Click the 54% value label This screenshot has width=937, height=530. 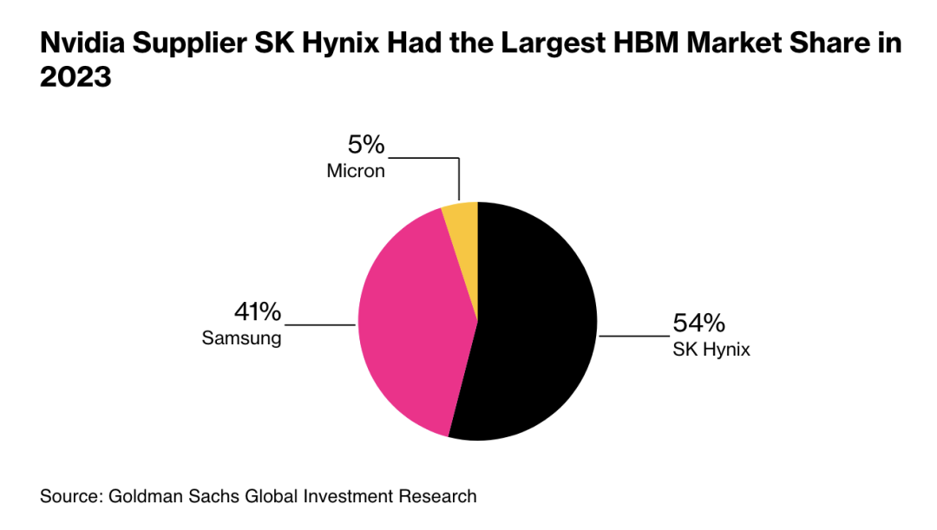click(x=698, y=324)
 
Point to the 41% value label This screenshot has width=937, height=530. click(x=258, y=311)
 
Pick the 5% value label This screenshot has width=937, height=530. click(x=366, y=146)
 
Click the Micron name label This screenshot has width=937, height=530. click(x=356, y=171)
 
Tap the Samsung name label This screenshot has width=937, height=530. click(x=242, y=338)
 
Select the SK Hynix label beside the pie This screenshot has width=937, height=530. click(x=711, y=350)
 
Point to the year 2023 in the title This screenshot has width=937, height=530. click(x=75, y=77)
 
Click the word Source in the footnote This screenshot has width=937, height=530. click(x=70, y=497)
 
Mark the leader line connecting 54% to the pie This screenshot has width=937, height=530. click(x=633, y=336)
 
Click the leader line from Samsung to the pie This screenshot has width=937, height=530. click(x=321, y=324)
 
